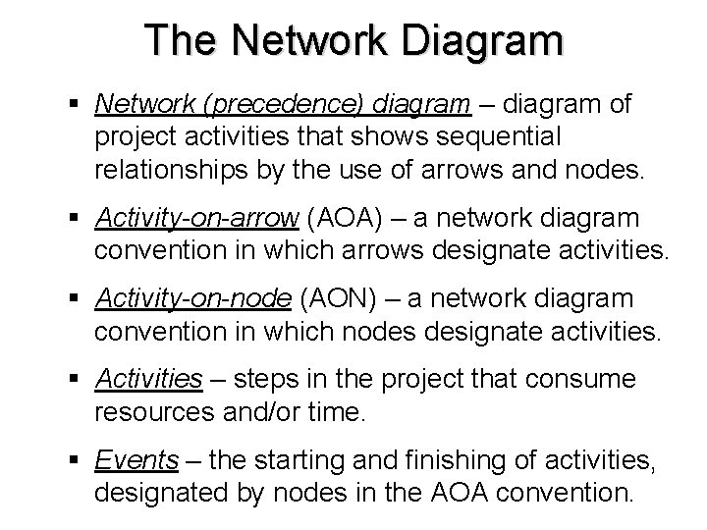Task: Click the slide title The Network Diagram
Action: [353, 40]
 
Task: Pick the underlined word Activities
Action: [148, 378]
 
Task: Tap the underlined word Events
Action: [136, 458]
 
